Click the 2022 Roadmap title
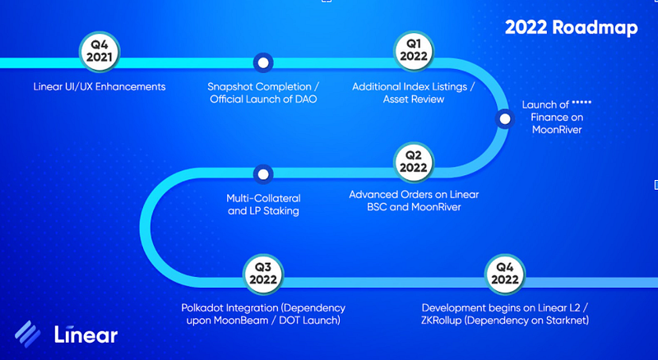pos(571,27)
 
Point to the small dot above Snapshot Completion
pos(262,62)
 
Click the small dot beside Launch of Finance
pos(504,120)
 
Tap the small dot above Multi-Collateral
pos(262,174)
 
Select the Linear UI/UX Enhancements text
pos(100,86)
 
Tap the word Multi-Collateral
pos(263,198)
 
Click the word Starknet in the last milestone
pos(565,320)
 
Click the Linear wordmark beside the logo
pos(86,334)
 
